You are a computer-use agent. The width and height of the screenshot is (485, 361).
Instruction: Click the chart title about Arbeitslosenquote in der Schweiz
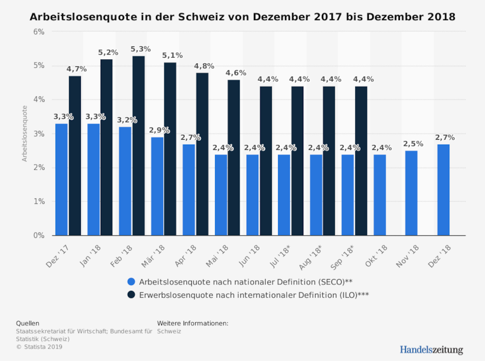click(x=242, y=17)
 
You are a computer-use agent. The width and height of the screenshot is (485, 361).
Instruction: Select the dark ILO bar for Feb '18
click(x=138, y=146)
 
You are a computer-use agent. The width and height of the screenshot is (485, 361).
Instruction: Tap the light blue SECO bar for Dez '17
click(x=62, y=179)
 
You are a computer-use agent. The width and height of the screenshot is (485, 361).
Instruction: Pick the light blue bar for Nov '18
click(x=411, y=193)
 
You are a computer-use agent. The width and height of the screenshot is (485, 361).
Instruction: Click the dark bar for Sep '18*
click(x=361, y=161)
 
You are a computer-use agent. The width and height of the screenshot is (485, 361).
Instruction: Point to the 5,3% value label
click(x=141, y=50)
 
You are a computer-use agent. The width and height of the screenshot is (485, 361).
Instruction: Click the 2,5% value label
click(x=413, y=144)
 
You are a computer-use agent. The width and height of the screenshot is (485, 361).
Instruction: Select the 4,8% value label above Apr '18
click(x=204, y=66)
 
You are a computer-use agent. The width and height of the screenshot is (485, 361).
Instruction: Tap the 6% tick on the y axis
click(x=39, y=32)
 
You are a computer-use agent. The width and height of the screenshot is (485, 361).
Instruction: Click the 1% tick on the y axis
click(x=39, y=202)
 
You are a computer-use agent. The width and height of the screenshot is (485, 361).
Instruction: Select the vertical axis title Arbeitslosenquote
click(x=25, y=133)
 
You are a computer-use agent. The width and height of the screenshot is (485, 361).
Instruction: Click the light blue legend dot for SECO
click(x=131, y=281)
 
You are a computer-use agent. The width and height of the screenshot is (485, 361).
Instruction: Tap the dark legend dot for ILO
click(x=131, y=295)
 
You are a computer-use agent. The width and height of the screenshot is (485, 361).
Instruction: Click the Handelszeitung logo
click(x=431, y=350)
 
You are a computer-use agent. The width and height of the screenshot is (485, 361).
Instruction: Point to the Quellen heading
click(x=27, y=323)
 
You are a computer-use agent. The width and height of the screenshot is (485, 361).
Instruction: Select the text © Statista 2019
click(x=39, y=347)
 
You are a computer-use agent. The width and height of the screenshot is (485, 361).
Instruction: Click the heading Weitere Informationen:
click(x=192, y=323)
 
